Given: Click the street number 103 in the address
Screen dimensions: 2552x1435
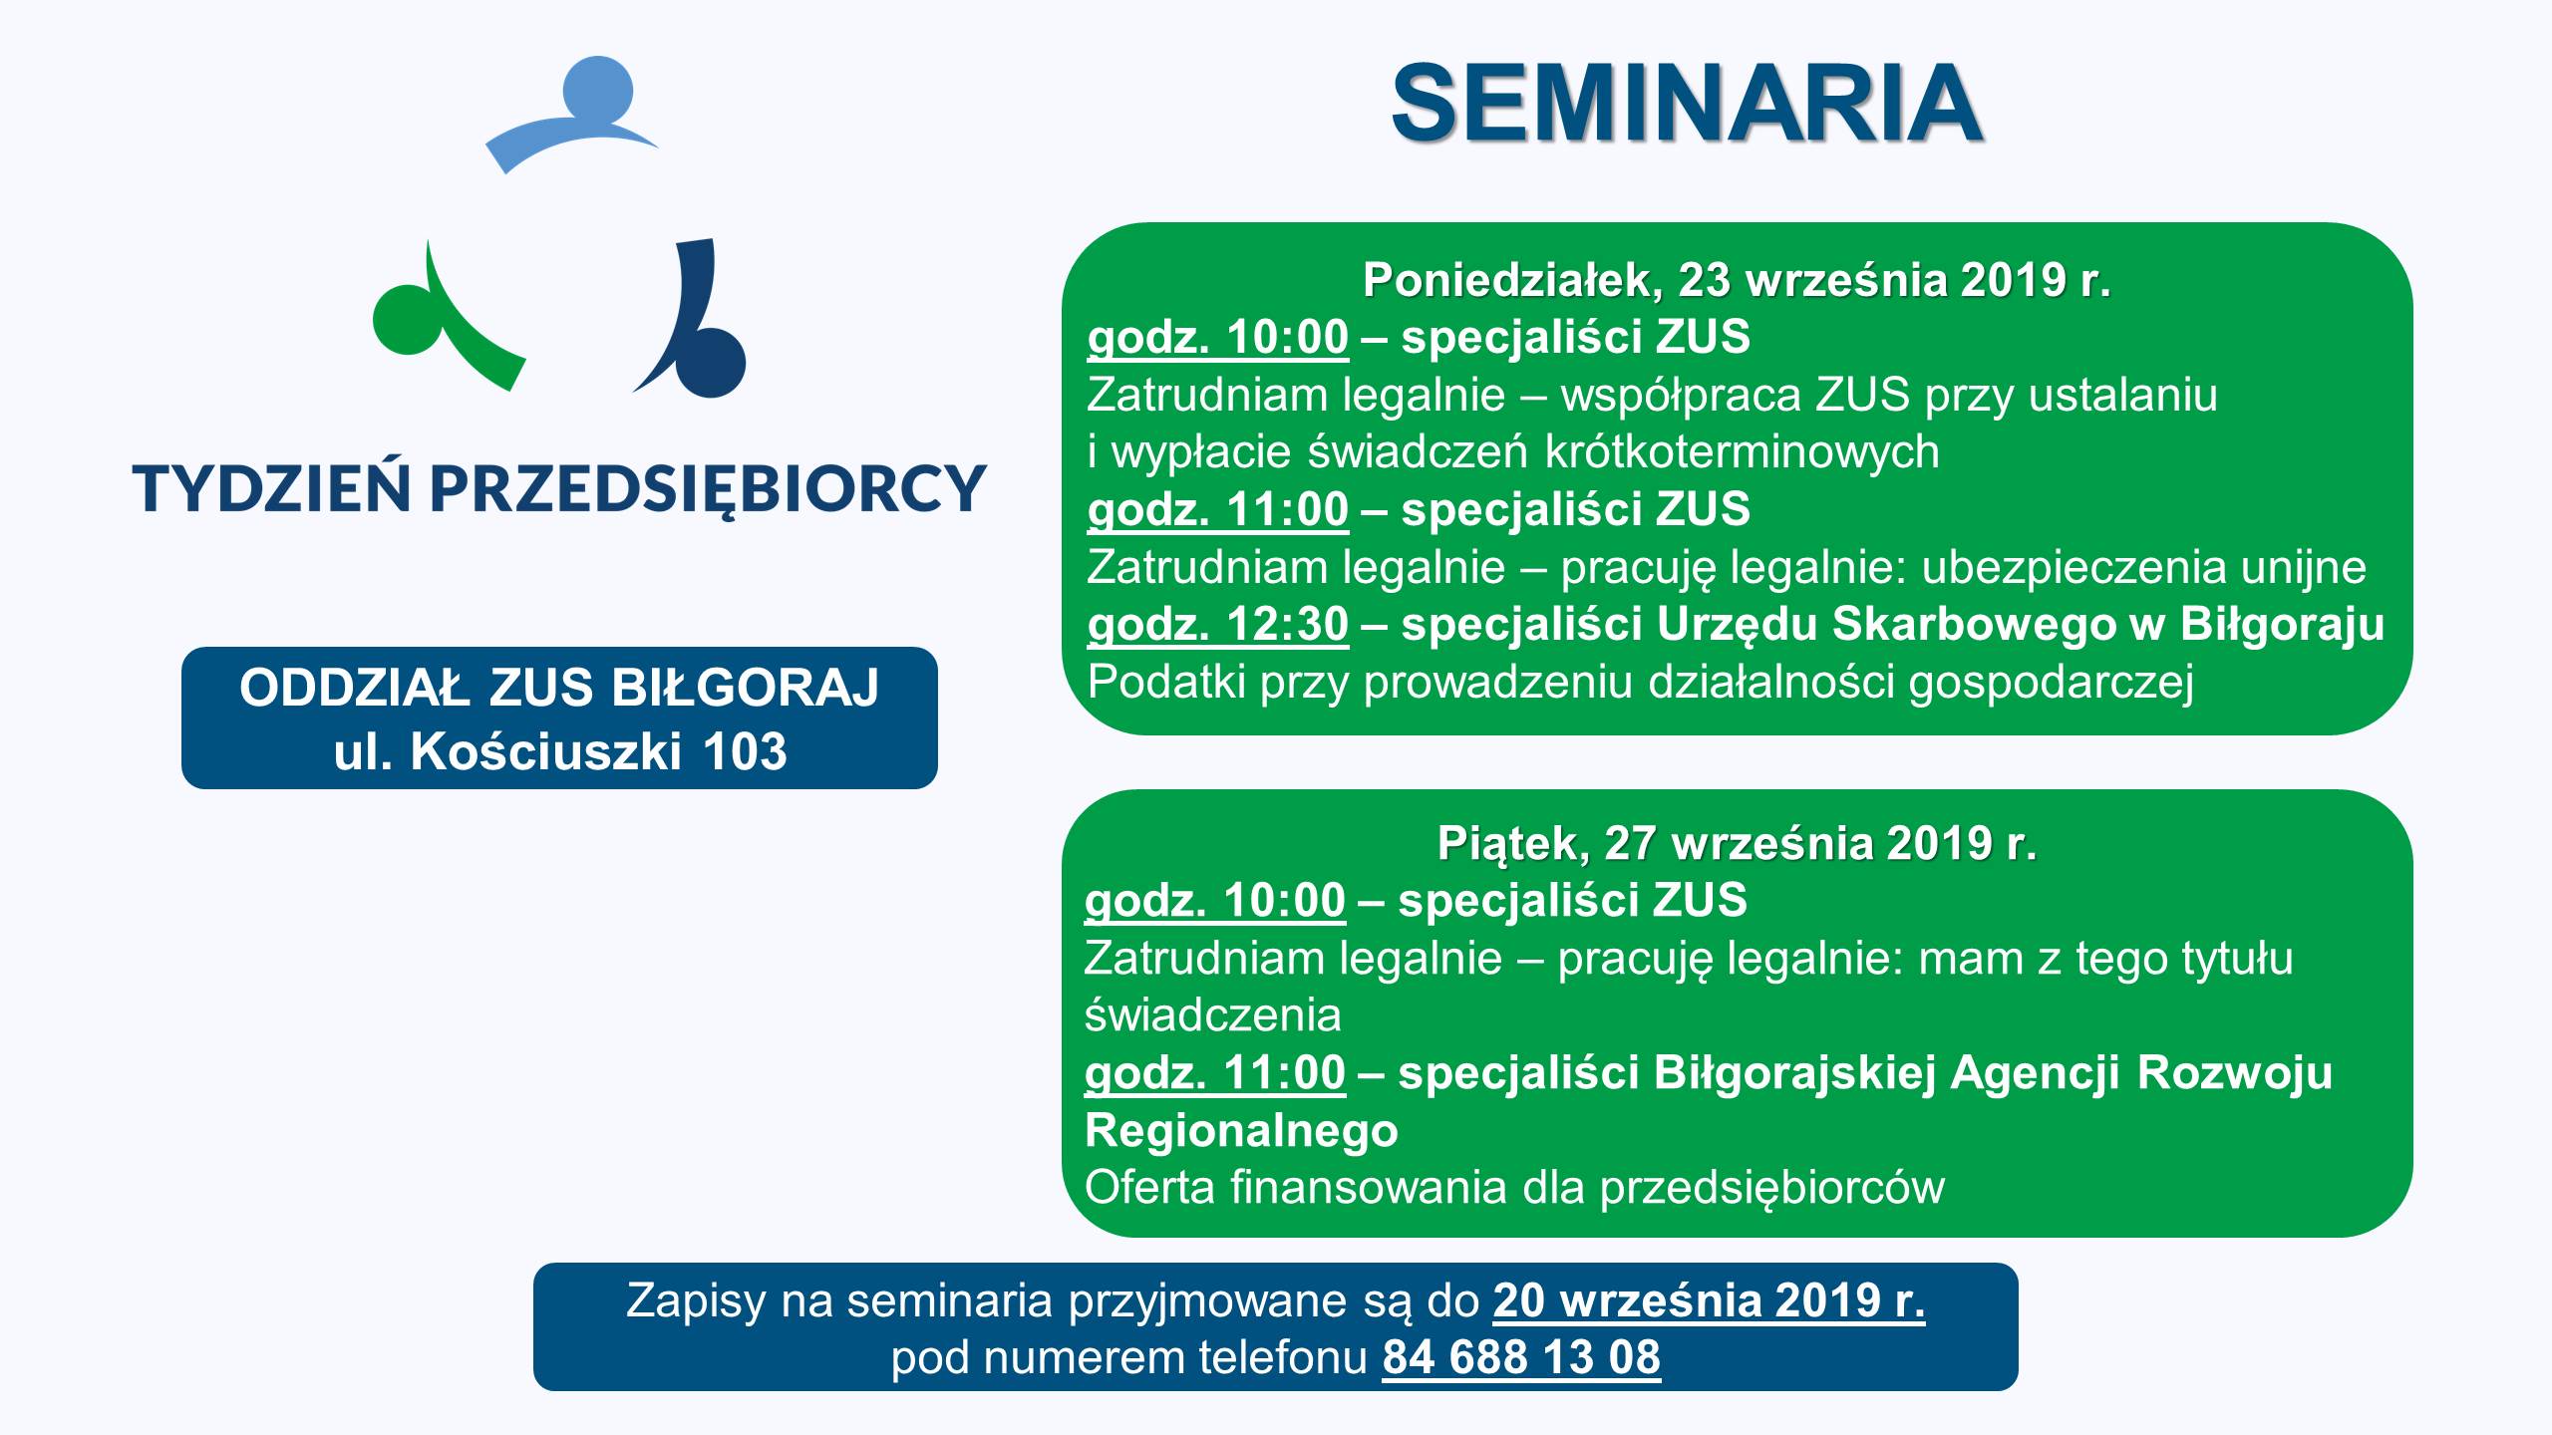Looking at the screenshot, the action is (744, 751).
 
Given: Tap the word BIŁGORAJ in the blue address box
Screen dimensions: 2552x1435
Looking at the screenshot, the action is (745, 688).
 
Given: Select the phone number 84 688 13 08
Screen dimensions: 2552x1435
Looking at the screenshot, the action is (1521, 1357).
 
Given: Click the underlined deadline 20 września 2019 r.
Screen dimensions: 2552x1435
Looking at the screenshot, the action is (1709, 1300).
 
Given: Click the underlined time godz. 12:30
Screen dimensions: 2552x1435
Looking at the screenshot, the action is (1218, 625).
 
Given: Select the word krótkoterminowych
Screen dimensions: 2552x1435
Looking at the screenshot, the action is (1742, 452).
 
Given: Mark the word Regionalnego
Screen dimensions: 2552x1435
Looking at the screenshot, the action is (1241, 1131).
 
